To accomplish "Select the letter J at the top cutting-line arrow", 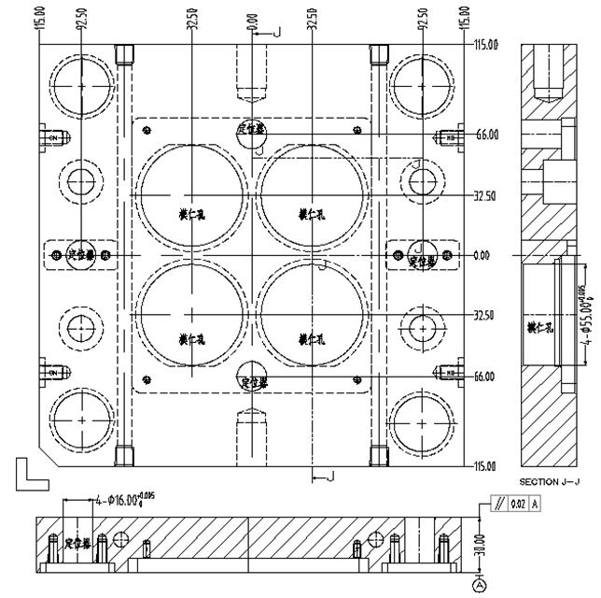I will (x=277, y=33).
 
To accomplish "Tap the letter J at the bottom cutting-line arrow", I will (x=328, y=477).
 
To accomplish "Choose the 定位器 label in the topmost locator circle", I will (x=252, y=128).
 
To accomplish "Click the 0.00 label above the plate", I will (x=252, y=18).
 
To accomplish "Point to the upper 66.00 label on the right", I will (x=486, y=135).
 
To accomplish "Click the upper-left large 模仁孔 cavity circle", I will (x=192, y=195).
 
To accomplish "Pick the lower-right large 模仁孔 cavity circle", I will (x=310, y=312).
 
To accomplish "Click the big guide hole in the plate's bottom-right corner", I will (x=421, y=422).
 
